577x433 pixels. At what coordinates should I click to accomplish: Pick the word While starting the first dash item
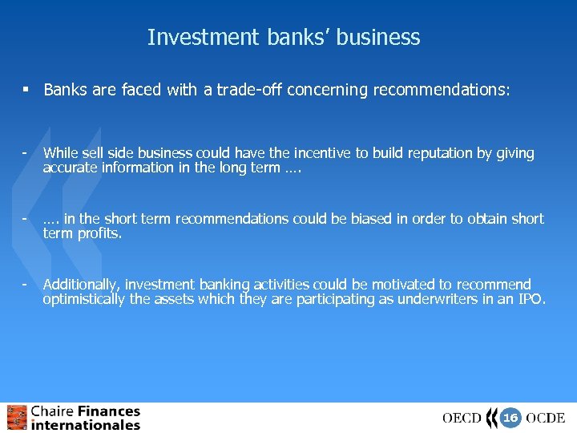pyautogui.click(x=59, y=153)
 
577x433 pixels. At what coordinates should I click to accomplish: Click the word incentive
pyautogui.click(x=308, y=153)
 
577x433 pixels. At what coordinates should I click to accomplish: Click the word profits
pyautogui.click(x=99, y=233)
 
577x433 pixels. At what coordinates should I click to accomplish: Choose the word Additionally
pyautogui.click(x=80, y=285)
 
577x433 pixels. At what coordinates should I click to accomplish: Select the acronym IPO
pyautogui.click(x=531, y=299)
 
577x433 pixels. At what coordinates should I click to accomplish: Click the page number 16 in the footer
pyautogui.click(x=510, y=417)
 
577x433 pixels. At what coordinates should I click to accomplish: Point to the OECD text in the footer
pyautogui.click(x=462, y=418)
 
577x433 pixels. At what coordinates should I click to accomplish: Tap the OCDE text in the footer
pyautogui.click(x=546, y=418)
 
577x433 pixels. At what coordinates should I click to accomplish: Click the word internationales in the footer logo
pyautogui.click(x=86, y=425)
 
